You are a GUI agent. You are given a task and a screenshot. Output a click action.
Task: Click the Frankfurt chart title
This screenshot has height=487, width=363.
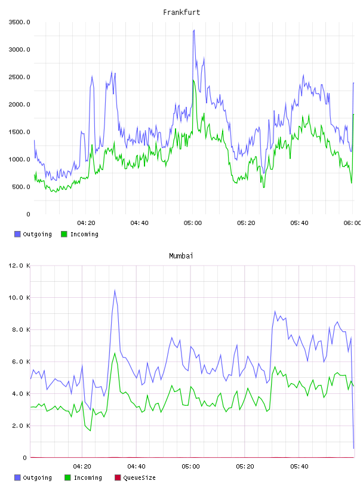(x=181, y=12)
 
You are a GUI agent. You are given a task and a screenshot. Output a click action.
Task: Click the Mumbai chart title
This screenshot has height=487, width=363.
(x=181, y=255)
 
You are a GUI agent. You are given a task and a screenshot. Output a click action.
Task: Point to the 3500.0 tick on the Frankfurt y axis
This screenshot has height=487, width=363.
(x=19, y=22)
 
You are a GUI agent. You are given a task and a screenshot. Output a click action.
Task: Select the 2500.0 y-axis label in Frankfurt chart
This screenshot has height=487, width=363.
(x=19, y=77)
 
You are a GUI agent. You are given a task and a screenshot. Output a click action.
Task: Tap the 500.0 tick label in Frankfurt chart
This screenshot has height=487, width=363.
(x=21, y=187)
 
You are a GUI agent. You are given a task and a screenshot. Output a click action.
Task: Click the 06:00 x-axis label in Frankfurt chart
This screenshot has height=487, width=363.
(x=352, y=223)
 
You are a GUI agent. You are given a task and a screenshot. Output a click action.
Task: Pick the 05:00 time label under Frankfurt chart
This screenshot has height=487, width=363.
(x=193, y=223)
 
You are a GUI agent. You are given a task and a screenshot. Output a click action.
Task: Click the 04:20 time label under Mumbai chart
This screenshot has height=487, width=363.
(x=82, y=466)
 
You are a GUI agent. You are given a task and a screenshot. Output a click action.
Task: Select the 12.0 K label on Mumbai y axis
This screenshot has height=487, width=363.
(x=19, y=266)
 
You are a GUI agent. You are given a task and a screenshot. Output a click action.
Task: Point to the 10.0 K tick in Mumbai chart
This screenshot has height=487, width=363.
(x=19, y=298)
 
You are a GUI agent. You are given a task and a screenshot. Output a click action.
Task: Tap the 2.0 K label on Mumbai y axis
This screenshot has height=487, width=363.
(x=21, y=426)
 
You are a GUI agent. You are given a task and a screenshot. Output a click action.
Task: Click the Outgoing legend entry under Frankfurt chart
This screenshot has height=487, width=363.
(x=33, y=234)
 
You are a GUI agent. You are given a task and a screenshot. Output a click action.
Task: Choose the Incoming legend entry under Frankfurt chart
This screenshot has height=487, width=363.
(x=80, y=234)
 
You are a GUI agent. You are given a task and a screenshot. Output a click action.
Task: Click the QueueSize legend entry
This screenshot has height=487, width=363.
(x=135, y=477)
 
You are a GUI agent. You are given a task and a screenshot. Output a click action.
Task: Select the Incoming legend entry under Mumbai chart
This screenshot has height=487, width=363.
(x=84, y=477)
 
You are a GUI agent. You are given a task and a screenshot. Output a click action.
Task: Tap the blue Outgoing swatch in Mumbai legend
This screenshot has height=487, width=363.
(x=17, y=477)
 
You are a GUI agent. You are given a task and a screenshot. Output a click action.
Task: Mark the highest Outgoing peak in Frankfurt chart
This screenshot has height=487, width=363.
(x=194, y=30)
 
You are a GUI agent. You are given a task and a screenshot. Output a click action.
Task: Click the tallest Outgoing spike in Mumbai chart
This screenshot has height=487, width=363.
(x=115, y=290)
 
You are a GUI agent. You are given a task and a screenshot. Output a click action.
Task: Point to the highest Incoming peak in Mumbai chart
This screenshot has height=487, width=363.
(x=115, y=353)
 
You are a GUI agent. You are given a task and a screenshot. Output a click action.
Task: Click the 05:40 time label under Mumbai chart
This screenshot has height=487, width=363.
(x=299, y=466)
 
